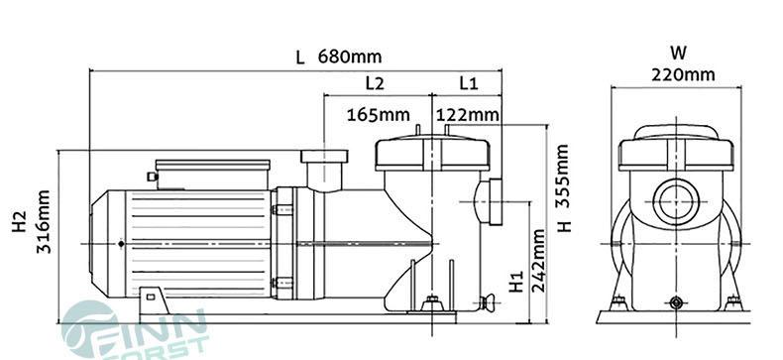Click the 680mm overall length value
(x=350, y=57)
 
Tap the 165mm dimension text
(x=379, y=115)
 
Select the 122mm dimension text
(x=468, y=115)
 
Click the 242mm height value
(x=538, y=260)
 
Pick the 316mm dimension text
(x=44, y=221)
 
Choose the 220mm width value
(x=683, y=74)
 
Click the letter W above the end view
(x=678, y=53)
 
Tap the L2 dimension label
(x=375, y=83)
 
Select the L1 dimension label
(x=468, y=83)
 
